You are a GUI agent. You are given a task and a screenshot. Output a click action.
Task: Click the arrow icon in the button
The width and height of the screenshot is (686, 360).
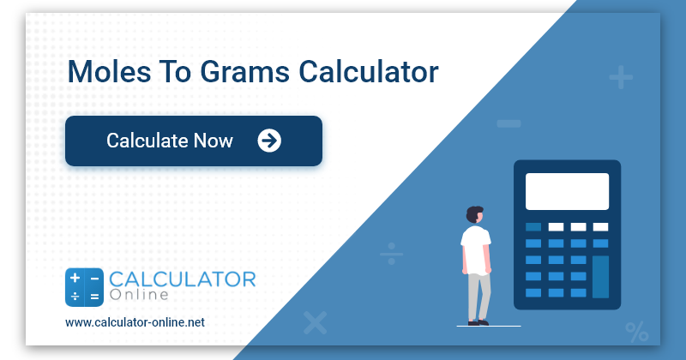click(x=269, y=141)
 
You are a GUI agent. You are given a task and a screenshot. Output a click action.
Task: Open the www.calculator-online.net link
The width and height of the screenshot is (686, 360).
click(x=135, y=322)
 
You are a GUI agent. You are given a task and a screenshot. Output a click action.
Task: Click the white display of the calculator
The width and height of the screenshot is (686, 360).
click(x=567, y=191)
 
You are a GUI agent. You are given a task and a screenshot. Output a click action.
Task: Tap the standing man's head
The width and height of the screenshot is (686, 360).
click(x=475, y=213)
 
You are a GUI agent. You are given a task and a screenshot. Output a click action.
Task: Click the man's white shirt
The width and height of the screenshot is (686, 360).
click(x=475, y=249)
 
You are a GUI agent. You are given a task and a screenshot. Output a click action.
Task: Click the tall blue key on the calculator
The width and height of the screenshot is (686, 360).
click(x=600, y=275)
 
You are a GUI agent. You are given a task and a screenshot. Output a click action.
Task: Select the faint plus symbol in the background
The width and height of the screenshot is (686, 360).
click(x=621, y=79)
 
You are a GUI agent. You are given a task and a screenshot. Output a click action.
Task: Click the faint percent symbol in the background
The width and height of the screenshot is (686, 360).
click(x=636, y=331)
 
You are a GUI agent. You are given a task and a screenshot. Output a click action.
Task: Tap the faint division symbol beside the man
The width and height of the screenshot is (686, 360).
click(x=392, y=254)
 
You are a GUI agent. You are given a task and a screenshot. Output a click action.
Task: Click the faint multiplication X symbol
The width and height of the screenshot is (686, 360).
click(x=316, y=322)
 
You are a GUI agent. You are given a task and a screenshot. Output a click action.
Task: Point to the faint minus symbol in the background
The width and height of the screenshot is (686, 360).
click(x=508, y=124)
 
